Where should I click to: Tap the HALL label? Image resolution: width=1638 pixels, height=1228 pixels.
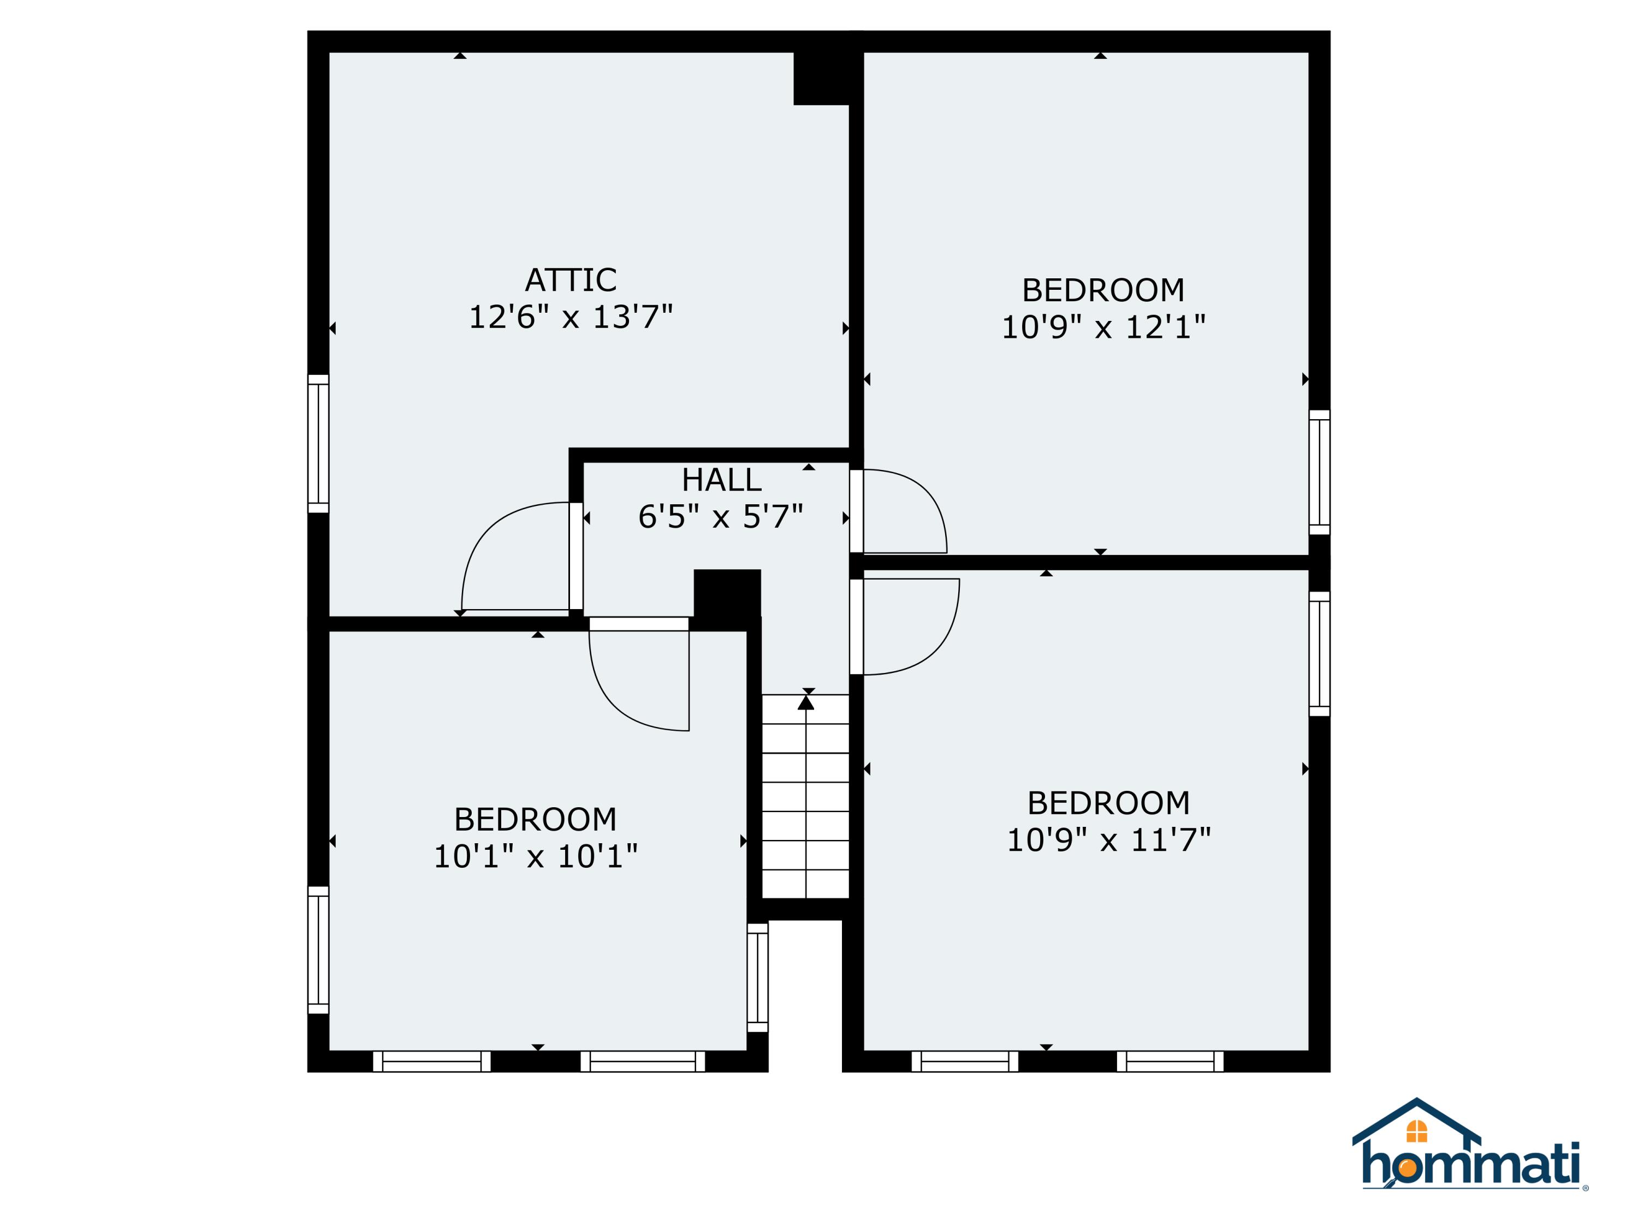[x=721, y=480]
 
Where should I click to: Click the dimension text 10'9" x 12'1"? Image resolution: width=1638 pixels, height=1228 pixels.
[x=1103, y=327]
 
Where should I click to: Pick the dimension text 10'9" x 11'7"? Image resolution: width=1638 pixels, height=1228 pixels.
[x=1108, y=840]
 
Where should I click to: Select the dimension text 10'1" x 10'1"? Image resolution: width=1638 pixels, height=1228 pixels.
[x=536, y=856]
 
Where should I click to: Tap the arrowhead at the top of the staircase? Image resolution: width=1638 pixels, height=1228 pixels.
[x=806, y=702]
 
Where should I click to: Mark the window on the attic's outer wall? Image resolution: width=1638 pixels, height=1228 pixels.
[x=318, y=443]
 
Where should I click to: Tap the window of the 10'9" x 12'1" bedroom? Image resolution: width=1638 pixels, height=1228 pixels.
[x=1320, y=472]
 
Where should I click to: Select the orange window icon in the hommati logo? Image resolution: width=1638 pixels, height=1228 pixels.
[x=1416, y=1131]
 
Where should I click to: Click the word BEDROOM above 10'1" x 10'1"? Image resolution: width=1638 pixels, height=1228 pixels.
[x=536, y=819]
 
